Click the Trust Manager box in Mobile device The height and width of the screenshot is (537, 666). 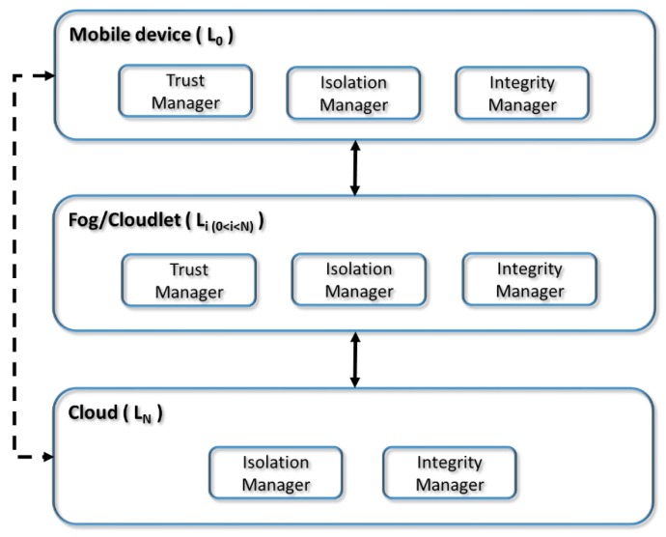(184, 91)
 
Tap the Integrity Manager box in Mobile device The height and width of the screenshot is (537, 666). (521, 93)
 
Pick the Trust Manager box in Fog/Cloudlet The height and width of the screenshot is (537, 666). (188, 280)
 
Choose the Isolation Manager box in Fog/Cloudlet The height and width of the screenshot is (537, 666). (358, 280)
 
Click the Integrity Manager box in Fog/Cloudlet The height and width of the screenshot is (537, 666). (530, 279)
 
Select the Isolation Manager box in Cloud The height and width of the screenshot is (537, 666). (275, 473)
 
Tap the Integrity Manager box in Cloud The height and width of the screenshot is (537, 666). (449, 473)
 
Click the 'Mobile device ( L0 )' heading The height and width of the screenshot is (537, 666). (151, 36)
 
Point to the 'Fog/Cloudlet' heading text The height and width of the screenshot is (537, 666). (113, 222)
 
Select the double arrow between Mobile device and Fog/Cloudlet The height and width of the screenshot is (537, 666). (355, 169)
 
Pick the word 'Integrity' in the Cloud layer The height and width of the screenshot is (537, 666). (449, 464)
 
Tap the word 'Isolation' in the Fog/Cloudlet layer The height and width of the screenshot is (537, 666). (358, 269)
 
